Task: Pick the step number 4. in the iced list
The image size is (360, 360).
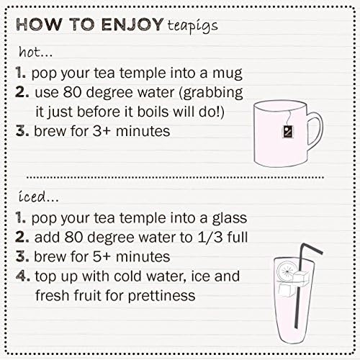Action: (23, 276)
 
